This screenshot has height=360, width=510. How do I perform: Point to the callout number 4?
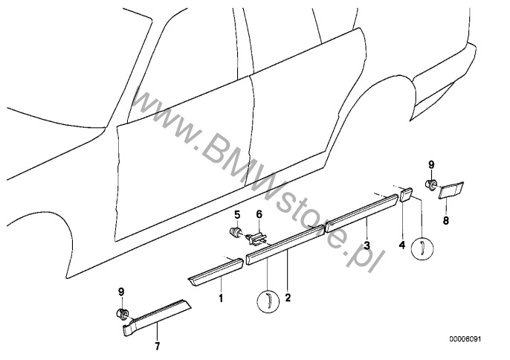coord(402,244)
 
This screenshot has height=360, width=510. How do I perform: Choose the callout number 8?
coord(446,220)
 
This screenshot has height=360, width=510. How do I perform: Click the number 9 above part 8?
coord(430,164)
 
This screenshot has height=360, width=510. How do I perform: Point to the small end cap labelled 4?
coord(406,196)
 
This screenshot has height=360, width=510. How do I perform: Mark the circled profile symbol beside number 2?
coord(265,300)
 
